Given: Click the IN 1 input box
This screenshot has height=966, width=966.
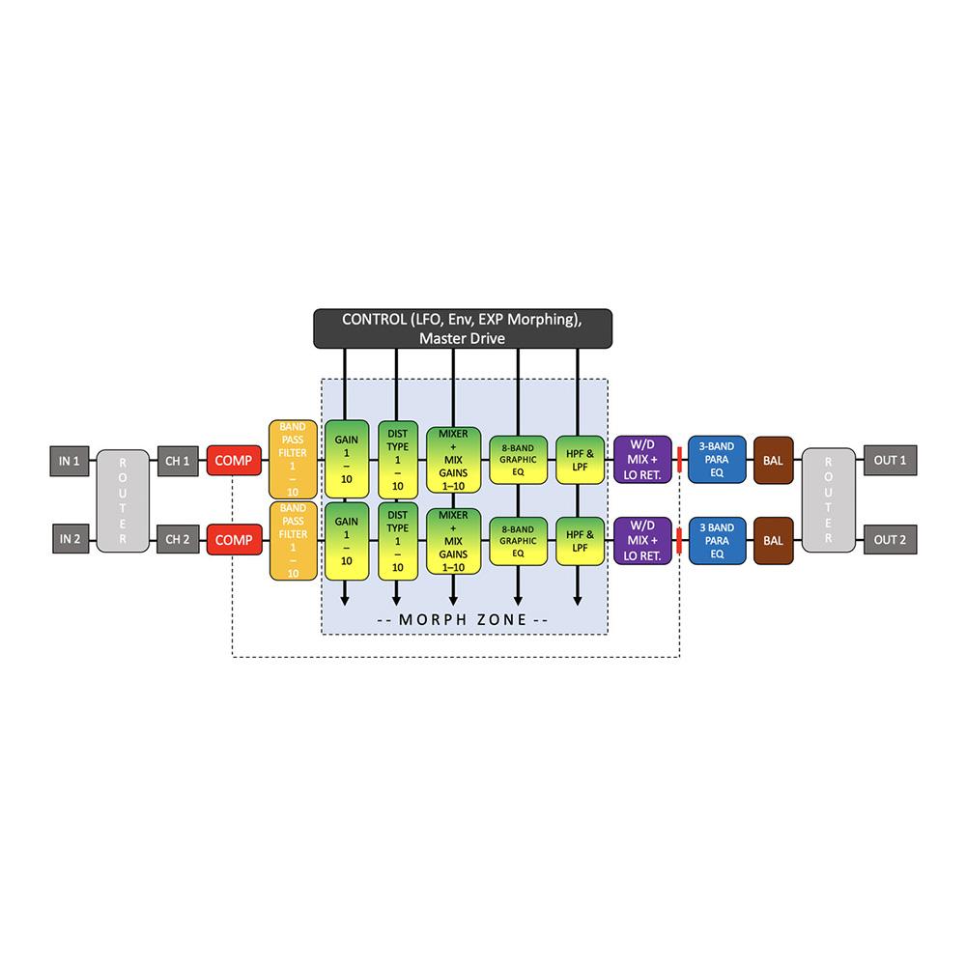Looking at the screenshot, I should coord(70,461).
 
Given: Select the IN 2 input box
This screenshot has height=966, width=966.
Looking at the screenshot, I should coord(70,540).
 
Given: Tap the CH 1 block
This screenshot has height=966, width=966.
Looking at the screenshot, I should coord(179,461).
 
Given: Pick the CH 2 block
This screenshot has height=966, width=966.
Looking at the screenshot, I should coord(179,540).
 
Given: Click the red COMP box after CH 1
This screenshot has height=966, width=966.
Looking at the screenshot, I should coord(234,461).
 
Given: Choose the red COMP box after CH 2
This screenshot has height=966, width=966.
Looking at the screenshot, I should coord(234,540).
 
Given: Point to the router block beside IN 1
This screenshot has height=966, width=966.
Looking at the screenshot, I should coord(123,499).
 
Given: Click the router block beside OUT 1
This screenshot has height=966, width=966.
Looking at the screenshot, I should coord(829,499).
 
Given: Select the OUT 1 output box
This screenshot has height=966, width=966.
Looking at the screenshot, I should coord(890,461).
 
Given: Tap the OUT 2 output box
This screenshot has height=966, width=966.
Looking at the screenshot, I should coord(890,540).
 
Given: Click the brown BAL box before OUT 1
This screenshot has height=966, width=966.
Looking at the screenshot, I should coord(773,461).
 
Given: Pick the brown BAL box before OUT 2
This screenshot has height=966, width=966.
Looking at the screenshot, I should coord(773,540).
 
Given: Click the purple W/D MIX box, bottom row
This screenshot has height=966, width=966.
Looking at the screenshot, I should coord(642,540).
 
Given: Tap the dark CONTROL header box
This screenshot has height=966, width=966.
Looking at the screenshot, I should coord(462,328).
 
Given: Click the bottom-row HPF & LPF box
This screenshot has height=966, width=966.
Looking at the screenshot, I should coord(578,540).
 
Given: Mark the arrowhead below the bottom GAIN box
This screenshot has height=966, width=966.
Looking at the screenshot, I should coord(345,601).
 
